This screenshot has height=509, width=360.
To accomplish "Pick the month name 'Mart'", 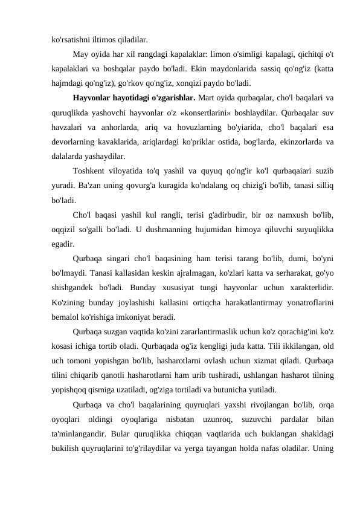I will tap(224, 99).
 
